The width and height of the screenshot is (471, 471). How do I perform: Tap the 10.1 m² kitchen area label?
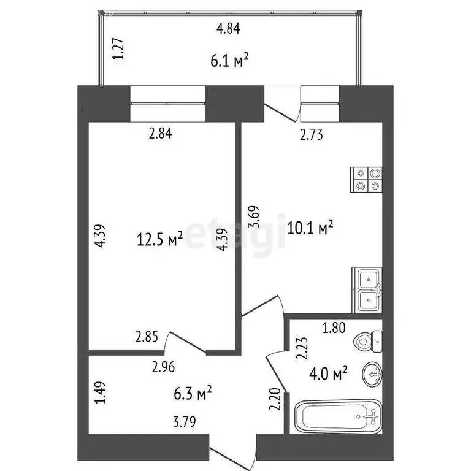coord(310,229)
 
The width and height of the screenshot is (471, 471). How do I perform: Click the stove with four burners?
coord(367,182)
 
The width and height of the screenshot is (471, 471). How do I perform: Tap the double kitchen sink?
coord(367,290)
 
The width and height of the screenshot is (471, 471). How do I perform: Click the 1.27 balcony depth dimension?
coord(121,48)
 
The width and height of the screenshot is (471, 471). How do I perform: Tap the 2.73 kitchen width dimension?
coord(311,136)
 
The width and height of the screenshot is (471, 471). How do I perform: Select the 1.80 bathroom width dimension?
coord(334,327)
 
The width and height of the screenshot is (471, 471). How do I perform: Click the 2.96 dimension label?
coord(163,369)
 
